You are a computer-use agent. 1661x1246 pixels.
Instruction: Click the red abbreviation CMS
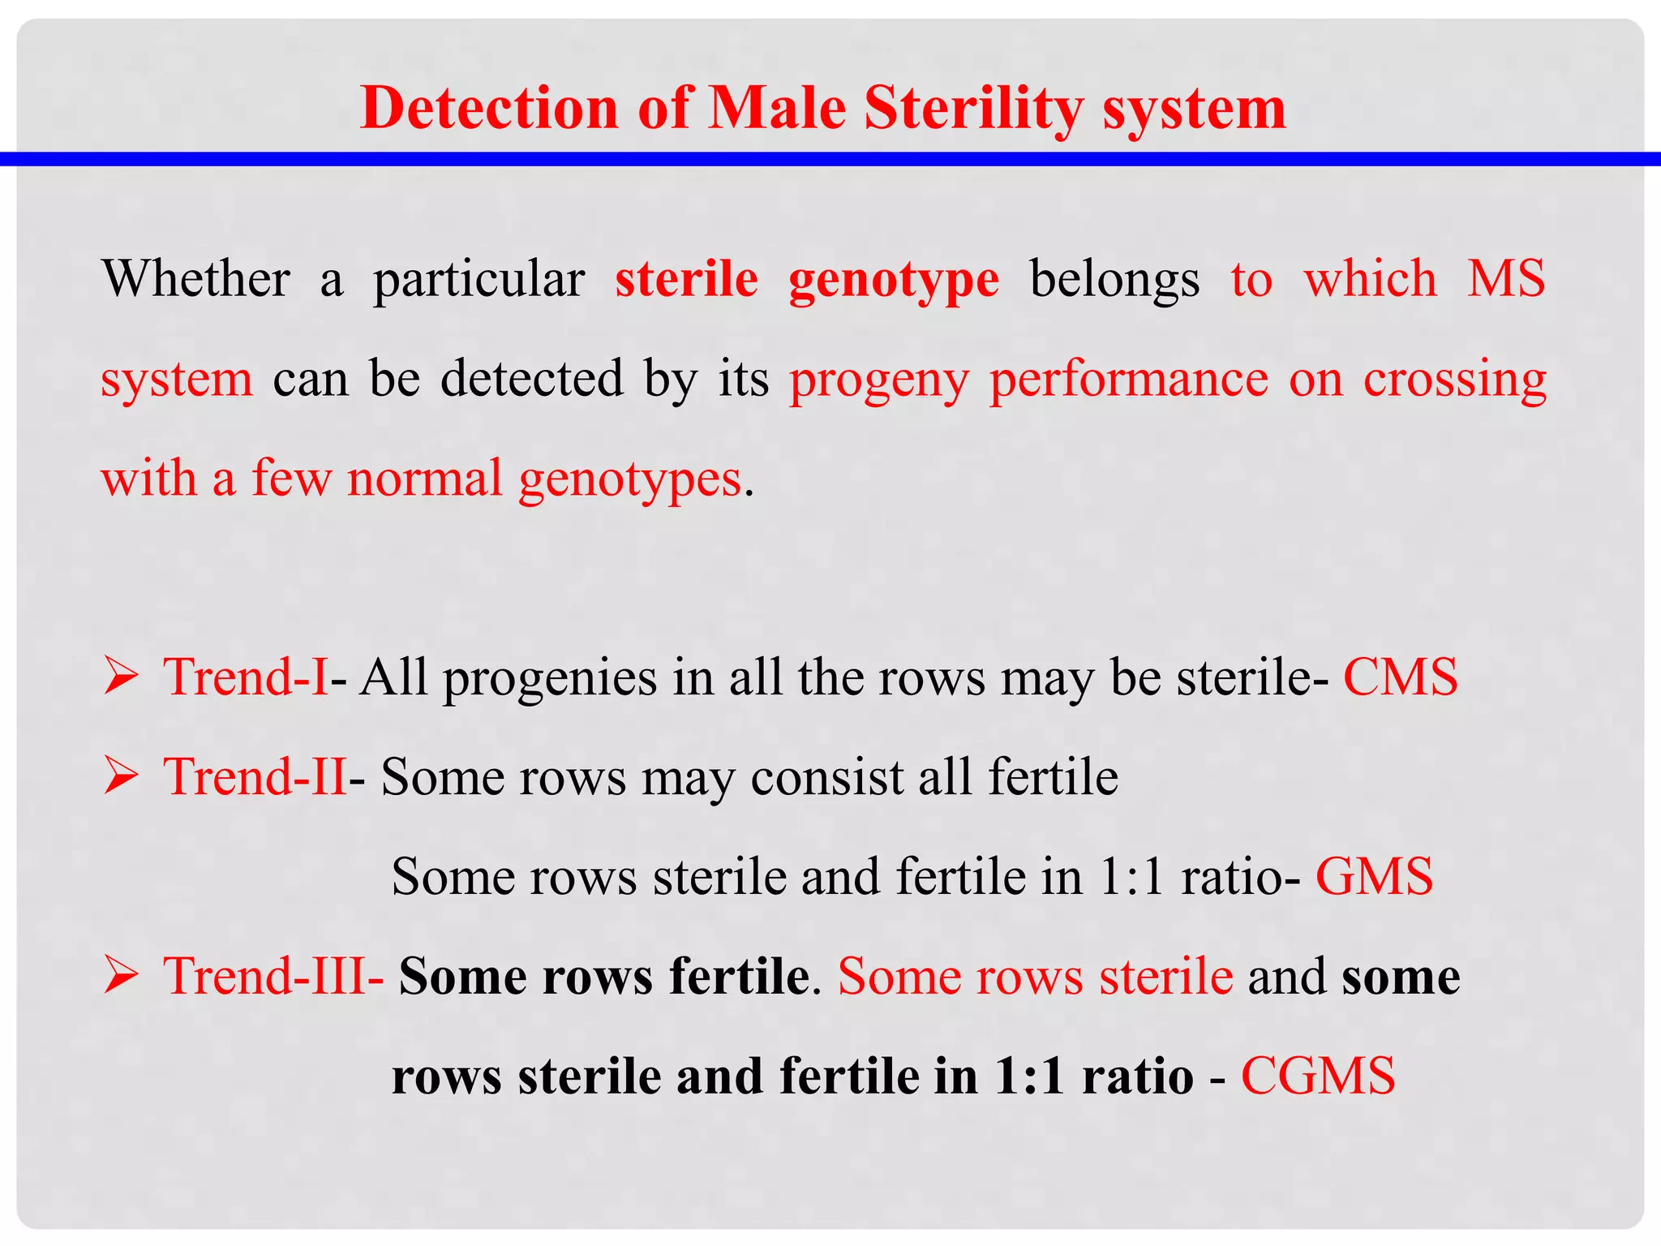(1401, 677)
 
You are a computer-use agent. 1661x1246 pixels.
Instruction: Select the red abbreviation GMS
(1374, 877)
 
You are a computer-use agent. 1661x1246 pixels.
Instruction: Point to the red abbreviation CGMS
(1318, 1076)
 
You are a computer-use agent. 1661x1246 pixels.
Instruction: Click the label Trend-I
(246, 677)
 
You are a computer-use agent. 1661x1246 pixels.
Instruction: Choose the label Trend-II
(255, 777)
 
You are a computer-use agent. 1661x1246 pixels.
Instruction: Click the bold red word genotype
(894, 281)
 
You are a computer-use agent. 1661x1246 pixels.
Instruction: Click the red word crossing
(1455, 380)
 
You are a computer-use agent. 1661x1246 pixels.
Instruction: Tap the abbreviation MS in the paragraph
(1506, 279)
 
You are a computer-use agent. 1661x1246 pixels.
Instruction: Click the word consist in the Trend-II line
(826, 777)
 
